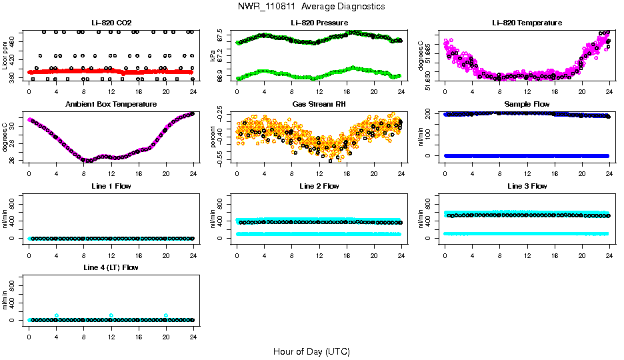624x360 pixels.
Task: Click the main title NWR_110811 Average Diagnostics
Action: coord(311,6)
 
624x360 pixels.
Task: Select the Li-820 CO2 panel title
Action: coord(111,23)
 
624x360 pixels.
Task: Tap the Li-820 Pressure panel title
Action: coord(319,23)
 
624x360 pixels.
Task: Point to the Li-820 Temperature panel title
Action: coord(527,23)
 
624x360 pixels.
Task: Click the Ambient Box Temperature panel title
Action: coord(111,105)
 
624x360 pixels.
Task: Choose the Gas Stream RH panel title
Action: coord(319,105)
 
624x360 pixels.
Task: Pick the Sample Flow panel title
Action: coord(527,105)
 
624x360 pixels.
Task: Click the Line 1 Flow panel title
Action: coord(111,186)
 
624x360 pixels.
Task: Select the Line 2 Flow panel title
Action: coord(319,186)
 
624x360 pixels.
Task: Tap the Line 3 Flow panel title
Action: coord(527,186)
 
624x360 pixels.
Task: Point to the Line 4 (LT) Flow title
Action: coord(111,267)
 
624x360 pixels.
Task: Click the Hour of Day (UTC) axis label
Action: coord(311,351)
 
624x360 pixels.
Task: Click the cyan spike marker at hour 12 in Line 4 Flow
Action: coord(111,315)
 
